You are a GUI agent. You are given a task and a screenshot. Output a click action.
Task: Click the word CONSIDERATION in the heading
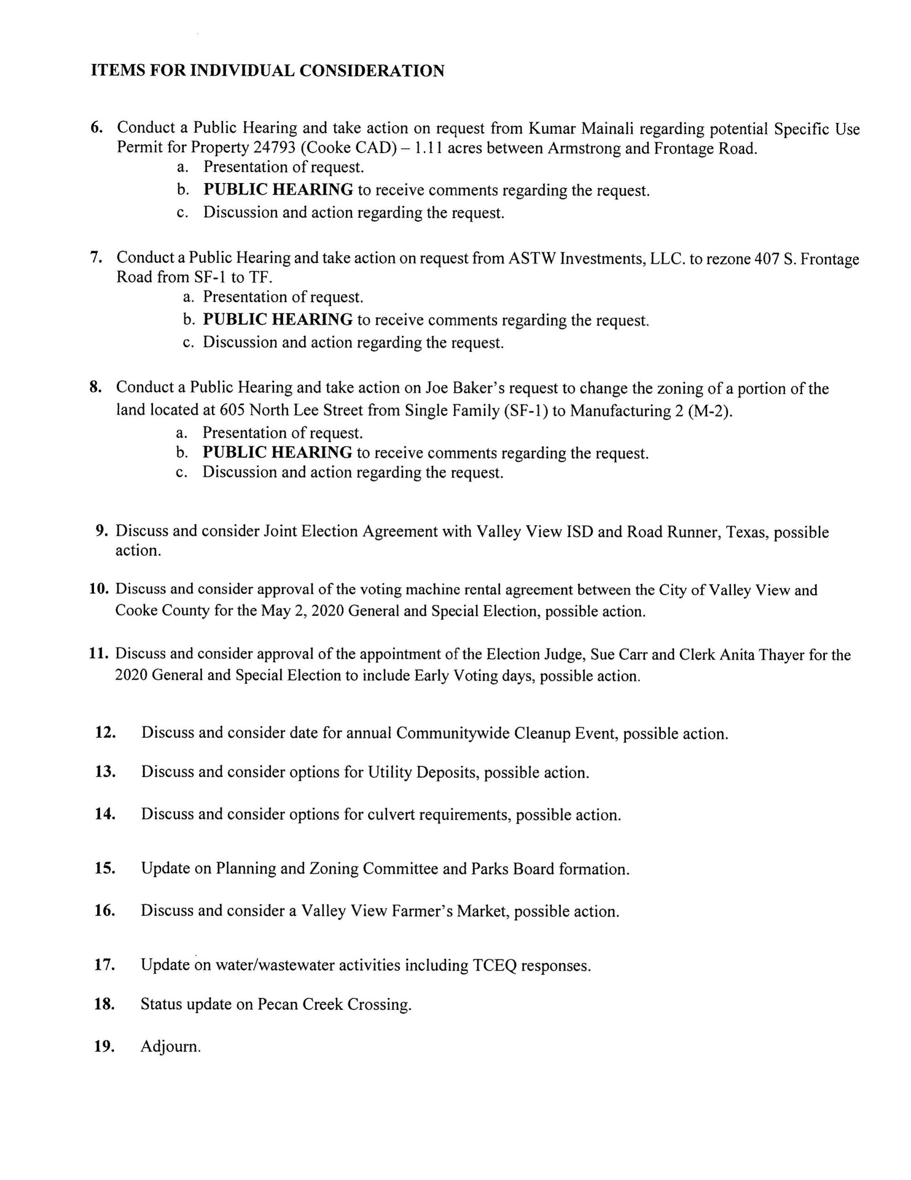[372, 71]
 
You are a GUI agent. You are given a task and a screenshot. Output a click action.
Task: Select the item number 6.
[96, 128]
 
